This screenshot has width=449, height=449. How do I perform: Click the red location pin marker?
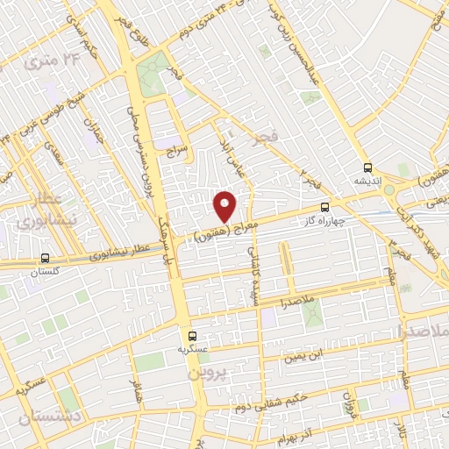coord(225,205)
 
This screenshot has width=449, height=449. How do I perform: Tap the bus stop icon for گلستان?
coord(45,259)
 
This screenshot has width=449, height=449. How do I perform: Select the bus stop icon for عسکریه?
coord(192,335)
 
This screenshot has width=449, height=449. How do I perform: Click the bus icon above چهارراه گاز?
coord(325,208)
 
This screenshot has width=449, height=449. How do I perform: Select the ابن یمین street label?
coord(308,355)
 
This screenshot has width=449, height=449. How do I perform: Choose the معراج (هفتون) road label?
coord(219,227)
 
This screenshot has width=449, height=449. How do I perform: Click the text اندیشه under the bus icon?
coord(367,181)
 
